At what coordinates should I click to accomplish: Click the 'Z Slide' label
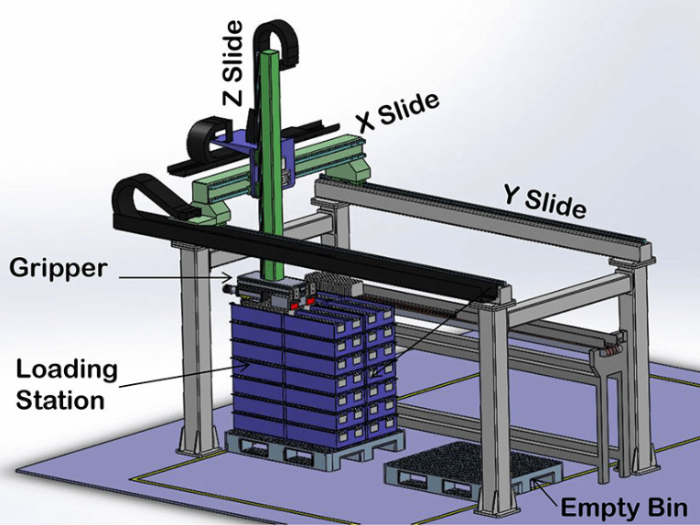[x=233, y=63]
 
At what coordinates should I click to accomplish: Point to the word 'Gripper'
[x=59, y=269]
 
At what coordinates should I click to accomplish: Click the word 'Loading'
[x=67, y=370]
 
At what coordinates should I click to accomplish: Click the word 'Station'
[x=60, y=400]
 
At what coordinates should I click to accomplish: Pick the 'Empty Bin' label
[x=624, y=508]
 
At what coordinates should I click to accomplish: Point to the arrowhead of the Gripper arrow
[x=230, y=277]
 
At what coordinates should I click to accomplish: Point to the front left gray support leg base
[x=196, y=442]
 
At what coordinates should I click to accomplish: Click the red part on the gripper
[x=295, y=306]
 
